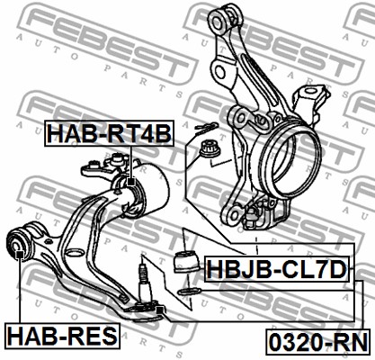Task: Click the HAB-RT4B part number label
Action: (x=109, y=133)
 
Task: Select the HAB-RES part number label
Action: (x=62, y=336)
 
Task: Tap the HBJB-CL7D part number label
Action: (x=277, y=269)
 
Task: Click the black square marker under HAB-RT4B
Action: (x=131, y=182)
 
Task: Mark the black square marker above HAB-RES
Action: (x=20, y=255)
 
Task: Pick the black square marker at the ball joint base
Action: (x=160, y=310)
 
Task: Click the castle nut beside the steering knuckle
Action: (x=210, y=148)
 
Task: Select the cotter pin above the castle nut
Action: (x=206, y=128)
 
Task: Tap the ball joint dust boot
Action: (x=186, y=261)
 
